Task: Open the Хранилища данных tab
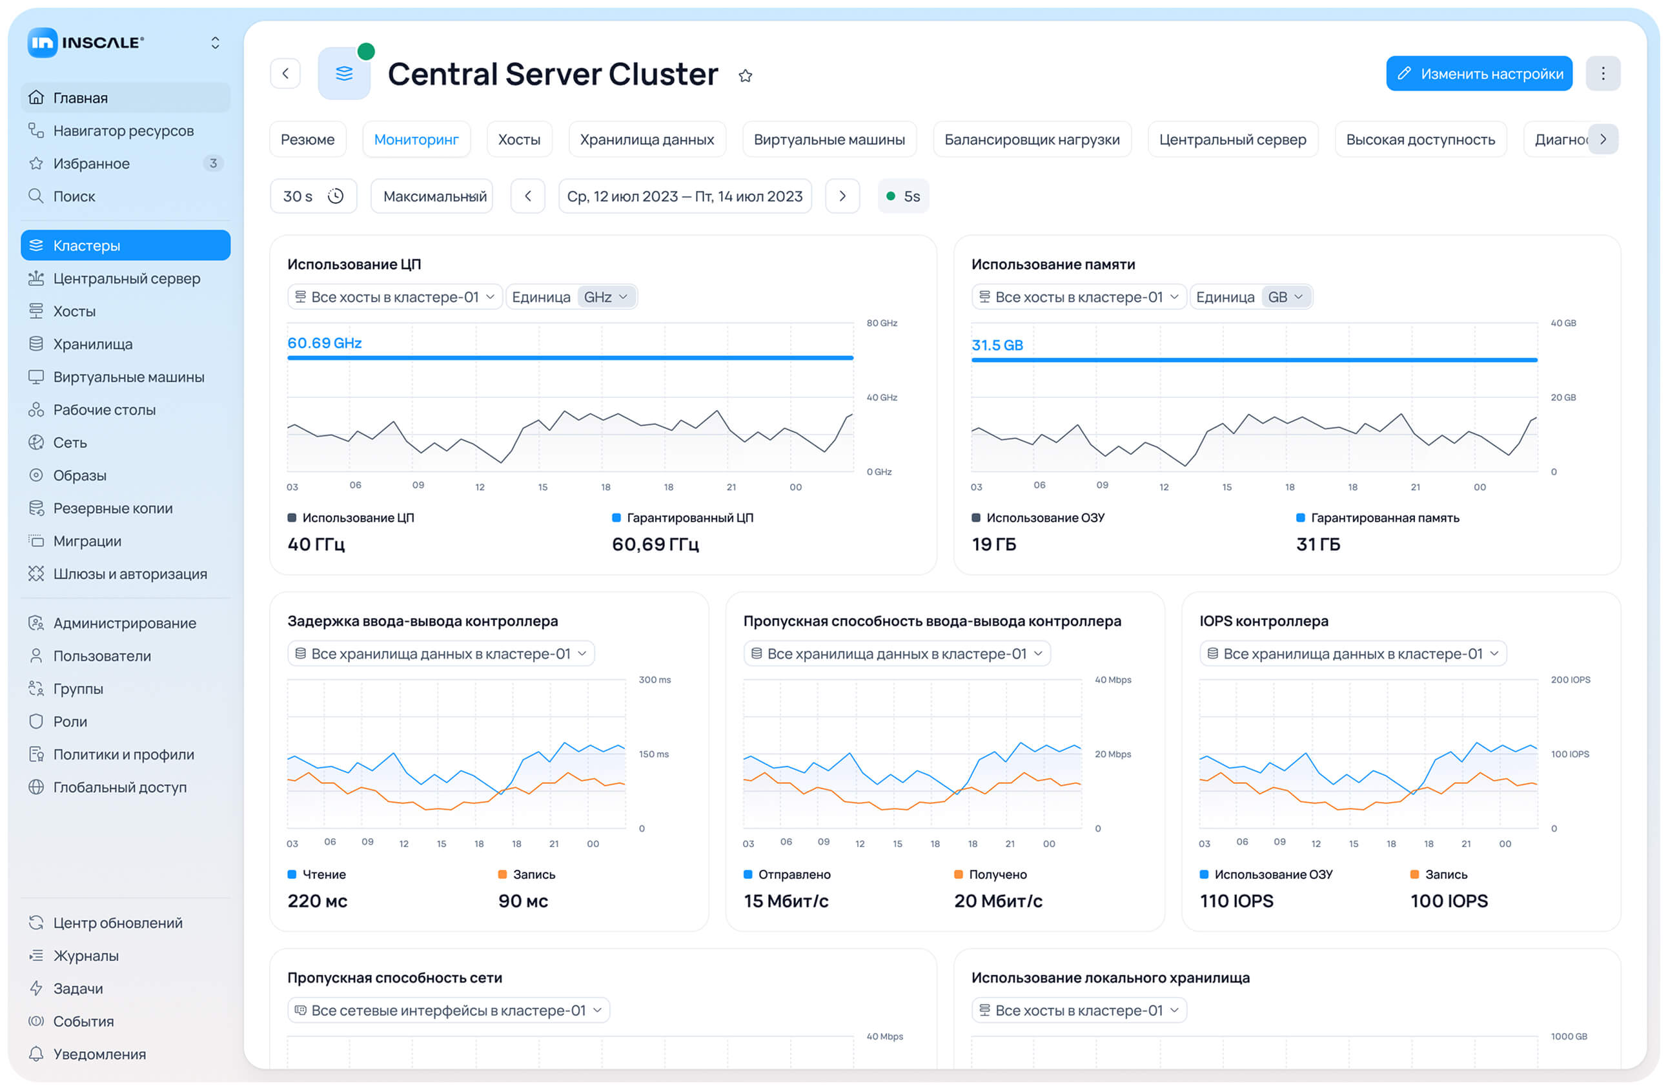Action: pyautogui.click(x=646, y=139)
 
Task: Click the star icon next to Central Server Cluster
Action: pyautogui.click(x=745, y=76)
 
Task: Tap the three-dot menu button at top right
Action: pyautogui.click(x=1602, y=74)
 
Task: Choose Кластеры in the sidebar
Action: pyautogui.click(x=125, y=245)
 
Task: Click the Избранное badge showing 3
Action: pyautogui.click(x=213, y=163)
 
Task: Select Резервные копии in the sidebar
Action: pyautogui.click(x=112, y=508)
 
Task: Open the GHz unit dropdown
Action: pyautogui.click(x=605, y=297)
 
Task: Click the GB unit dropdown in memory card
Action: pyautogui.click(x=1285, y=297)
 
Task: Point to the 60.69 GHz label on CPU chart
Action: pyautogui.click(x=325, y=343)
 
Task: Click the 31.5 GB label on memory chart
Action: pyautogui.click(x=997, y=345)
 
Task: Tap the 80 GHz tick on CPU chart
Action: pyautogui.click(x=882, y=323)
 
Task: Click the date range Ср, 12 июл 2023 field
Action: pyautogui.click(x=684, y=196)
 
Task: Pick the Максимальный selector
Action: pyautogui.click(x=434, y=196)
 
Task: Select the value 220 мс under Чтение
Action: pyautogui.click(x=317, y=901)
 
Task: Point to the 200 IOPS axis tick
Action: pyautogui.click(x=1570, y=680)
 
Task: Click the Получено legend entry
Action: pyautogui.click(x=997, y=874)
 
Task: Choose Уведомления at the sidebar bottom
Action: pyautogui.click(x=99, y=1054)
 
